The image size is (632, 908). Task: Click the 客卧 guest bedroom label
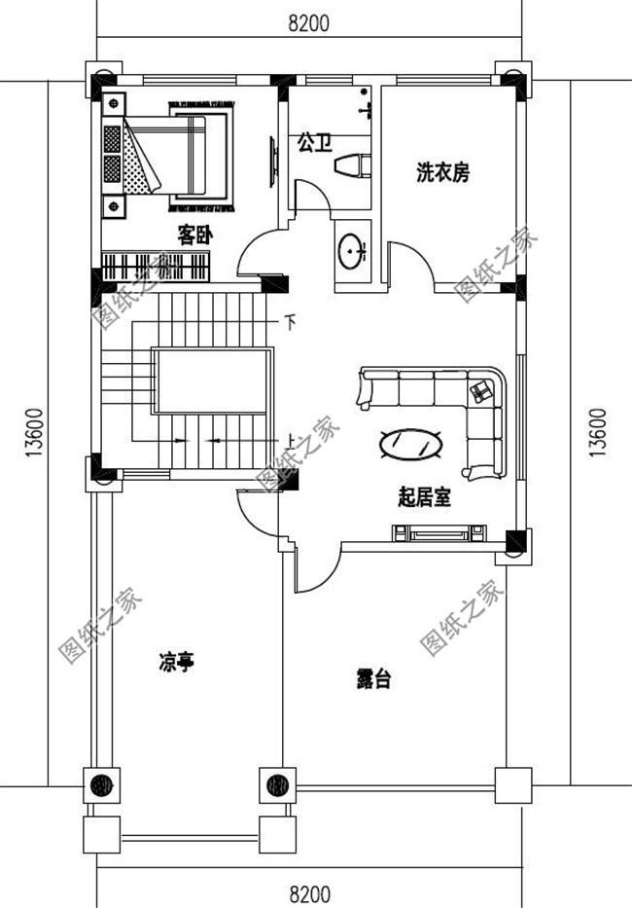pos(194,235)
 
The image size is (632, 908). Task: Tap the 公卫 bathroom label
pos(313,144)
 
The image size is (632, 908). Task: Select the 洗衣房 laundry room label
pos(442,173)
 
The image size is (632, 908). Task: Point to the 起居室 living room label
pos(424,498)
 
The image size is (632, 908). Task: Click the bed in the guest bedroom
pos(185,156)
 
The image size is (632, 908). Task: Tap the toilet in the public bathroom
pos(353,166)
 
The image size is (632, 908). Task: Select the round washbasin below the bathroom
pos(351,252)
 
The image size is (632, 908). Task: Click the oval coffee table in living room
pos(411,445)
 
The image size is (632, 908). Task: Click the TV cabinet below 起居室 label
pos(439,532)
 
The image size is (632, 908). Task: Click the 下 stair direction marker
pos(289,320)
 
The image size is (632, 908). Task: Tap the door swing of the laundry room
pos(410,263)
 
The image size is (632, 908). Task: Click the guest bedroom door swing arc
pos(259,254)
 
